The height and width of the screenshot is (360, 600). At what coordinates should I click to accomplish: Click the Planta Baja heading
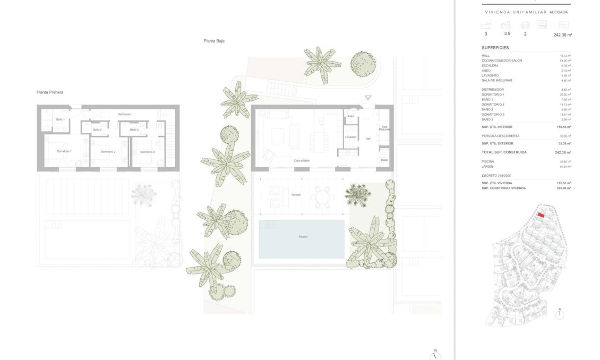(214, 41)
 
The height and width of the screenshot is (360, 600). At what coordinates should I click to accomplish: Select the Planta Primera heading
(50, 92)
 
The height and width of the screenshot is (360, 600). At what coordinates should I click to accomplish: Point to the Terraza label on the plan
(296, 195)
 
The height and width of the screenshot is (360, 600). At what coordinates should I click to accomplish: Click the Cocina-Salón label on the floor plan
(302, 160)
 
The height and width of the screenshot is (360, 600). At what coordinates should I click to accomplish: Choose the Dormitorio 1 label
(64, 152)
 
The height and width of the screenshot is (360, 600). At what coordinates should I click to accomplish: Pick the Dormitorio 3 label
(148, 152)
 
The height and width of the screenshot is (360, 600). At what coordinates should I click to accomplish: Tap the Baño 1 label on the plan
(61, 119)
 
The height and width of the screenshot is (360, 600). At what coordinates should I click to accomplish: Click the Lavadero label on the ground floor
(350, 137)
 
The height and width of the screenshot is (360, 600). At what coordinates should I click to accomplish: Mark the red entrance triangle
(368, 98)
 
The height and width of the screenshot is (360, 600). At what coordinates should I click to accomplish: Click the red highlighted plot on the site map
(541, 215)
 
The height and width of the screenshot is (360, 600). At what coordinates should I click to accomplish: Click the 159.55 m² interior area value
(564, 127)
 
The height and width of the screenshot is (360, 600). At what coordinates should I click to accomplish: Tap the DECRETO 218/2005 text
(495, 175)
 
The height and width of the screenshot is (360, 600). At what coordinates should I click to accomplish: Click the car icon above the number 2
(525, 25)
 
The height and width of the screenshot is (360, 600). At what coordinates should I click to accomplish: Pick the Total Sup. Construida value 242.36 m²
(563, 152)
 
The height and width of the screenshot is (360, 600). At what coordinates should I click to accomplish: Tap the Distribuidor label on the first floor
(124, 114)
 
